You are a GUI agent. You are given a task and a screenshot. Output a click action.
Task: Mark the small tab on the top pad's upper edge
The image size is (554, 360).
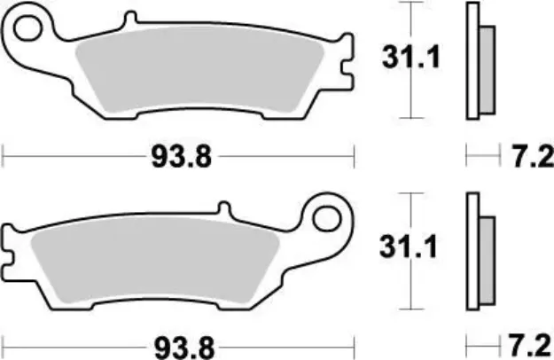click(x=131, y=19)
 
